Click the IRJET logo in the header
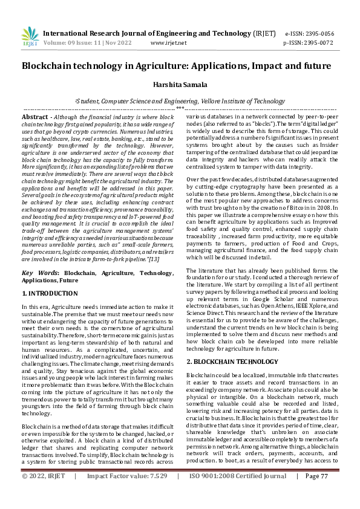click(x=30, y=36)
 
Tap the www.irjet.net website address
click(x=168, y=44)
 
